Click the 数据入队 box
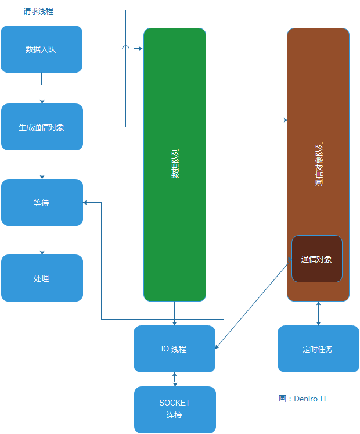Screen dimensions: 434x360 (41, 49)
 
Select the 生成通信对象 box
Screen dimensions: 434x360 (42, 127)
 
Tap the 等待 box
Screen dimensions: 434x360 (42, 203)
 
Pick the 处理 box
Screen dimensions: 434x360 (42, 278)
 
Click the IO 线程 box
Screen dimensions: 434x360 (174, 349)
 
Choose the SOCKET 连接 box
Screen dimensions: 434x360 (175, 409)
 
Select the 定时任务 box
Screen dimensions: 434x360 (318, 349)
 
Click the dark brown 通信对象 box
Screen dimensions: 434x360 (316, 259)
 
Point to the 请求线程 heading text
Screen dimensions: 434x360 (38, 12)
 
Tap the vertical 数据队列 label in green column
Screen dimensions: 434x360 (175, 165)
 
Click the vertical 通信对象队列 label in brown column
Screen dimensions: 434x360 (319, 164)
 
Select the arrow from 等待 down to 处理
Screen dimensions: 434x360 (42, 240)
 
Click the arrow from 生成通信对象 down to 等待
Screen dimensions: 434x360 (42, 164)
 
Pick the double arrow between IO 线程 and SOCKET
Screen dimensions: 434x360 (175, 379)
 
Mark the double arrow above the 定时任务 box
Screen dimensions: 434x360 (318, 313)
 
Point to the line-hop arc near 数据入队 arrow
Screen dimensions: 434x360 (126, 48)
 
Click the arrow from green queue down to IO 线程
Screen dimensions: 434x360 (174, 314)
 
